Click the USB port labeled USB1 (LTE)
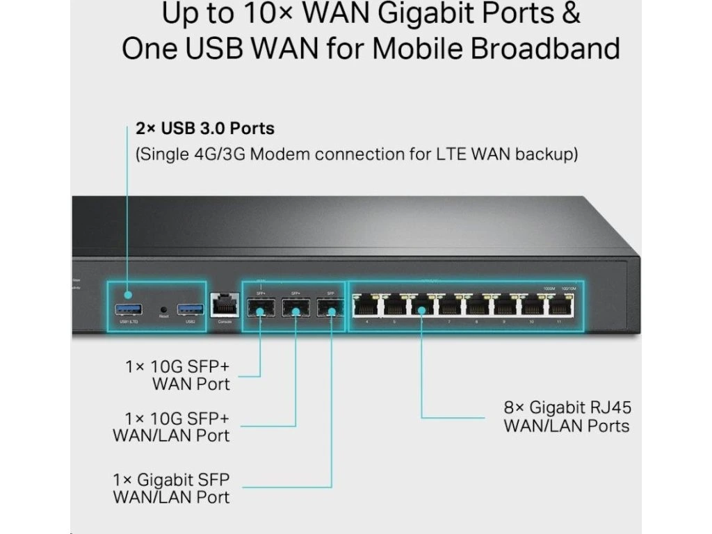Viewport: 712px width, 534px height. pyautogui.click(x=129, y=308)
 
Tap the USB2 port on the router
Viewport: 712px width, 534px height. pyautogui.click(x=190, y=308)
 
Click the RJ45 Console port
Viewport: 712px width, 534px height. pyautogui.click(x=224, y=305)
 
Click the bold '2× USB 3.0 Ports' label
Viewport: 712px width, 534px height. pyautogui.click(x=204, y=129)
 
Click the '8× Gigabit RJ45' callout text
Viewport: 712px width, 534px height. pyautogui.click(x=567, y=407)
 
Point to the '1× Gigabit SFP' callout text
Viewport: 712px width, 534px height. pyautogui.click(x=171, y=480)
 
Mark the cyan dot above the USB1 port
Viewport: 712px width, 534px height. pyautogui.click(x=127, y=295)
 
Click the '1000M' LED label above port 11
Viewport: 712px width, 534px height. pyautogui.click(x=549, y=288)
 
